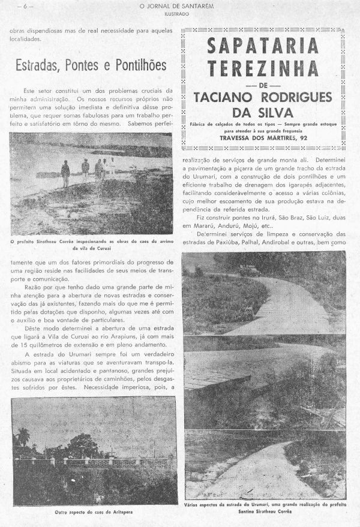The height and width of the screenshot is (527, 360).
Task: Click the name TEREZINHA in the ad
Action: click(263, 67)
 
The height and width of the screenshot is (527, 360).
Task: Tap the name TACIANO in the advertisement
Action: click(229, 98)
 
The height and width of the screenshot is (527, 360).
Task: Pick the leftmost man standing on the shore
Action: click(65, 173)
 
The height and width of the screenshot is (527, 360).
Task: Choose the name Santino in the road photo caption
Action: click(235, 513)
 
